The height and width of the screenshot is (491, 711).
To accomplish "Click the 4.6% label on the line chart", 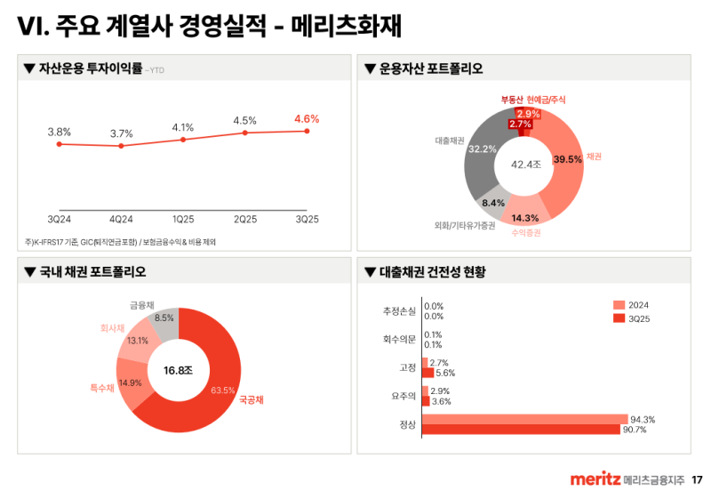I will [307, 118].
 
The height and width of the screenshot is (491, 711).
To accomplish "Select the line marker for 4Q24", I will [121, 146].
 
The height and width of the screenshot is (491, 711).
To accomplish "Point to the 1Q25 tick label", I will [183, 219].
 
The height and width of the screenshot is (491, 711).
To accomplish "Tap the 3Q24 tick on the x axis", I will [59, 219].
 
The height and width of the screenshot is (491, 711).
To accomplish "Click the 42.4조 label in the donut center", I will [525, 165].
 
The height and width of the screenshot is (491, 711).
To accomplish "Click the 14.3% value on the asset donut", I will [525, 218].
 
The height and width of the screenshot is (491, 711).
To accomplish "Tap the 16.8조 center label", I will [178, 370].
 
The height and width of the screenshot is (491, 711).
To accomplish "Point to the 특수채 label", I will [102, 388].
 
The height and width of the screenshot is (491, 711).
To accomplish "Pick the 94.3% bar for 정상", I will [524, 419].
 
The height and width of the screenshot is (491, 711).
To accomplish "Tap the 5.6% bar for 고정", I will [427, 373].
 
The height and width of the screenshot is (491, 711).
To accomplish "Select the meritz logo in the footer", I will [595, 479].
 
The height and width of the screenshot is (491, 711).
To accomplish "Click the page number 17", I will [697, 479].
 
